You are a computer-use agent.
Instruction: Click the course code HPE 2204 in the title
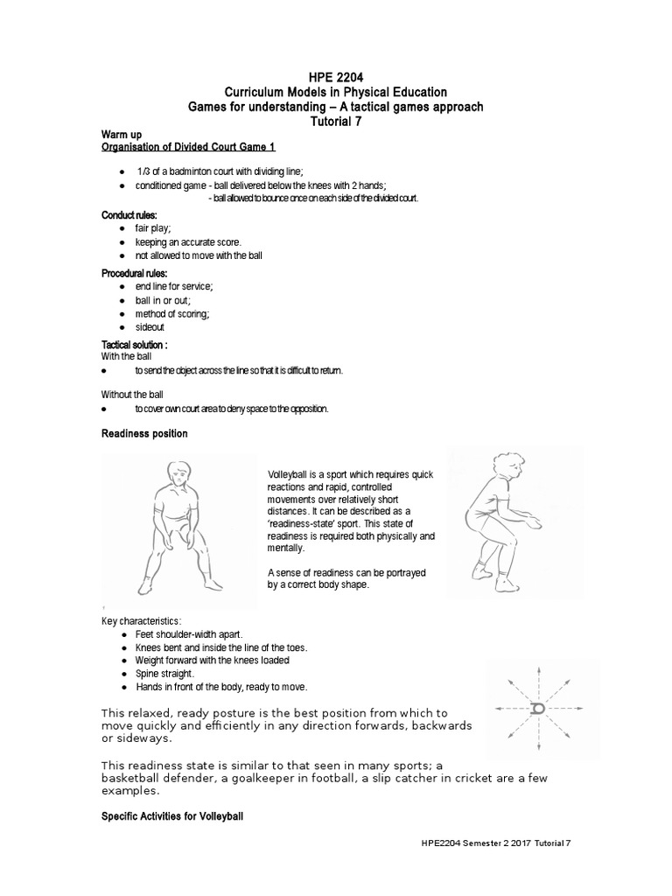coord(336,78)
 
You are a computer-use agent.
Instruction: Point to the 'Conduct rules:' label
coord(129,214)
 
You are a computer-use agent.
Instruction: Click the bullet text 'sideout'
coord(150,327)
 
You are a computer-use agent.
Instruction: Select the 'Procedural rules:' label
coord(135,273)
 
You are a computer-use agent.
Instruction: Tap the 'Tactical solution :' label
coord(135,346)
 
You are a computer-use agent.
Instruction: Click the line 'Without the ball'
coord(132,395)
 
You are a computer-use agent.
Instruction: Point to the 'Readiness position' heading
coord(144,434)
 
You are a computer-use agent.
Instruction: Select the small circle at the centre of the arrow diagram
coord(537,708)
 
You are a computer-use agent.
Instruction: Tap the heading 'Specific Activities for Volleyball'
coord(171,815)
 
